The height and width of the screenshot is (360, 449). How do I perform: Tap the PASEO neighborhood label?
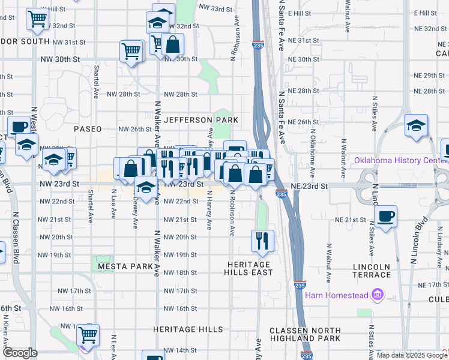(x=88, y=129)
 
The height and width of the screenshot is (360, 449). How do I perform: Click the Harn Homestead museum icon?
(x=378, y=294)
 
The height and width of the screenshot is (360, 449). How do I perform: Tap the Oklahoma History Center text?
(x=399, y=160)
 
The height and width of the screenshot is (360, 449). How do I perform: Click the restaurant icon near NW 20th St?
(x=262, y=240)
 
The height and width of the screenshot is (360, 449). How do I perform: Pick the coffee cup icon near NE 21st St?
(x=385, y=215)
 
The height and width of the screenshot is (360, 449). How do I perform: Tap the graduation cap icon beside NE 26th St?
(x=416, y=125)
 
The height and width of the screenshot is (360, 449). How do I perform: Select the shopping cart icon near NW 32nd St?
(x=37, y=19)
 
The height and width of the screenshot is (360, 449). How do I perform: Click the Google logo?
(x=19, y=353)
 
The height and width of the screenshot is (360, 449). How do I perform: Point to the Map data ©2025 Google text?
(x=412, y=355)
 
